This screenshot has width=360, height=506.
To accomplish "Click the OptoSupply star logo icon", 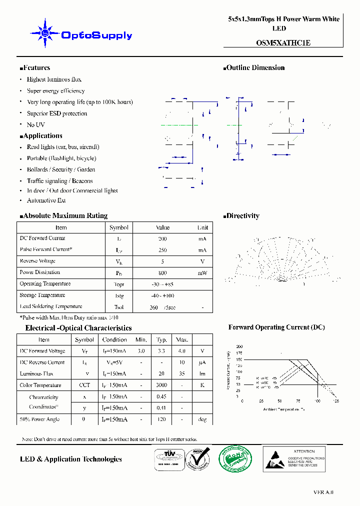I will [44, 33].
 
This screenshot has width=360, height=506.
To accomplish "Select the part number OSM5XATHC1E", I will [283, 43].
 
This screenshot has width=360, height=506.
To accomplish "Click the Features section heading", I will [35, 68].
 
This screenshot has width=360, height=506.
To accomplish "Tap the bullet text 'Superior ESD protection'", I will [57, 113].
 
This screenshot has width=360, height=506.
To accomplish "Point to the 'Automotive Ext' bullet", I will [46, 200].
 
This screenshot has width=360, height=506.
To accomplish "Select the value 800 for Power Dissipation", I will [162, 273].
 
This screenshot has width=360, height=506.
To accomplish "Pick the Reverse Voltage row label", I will [37, 261].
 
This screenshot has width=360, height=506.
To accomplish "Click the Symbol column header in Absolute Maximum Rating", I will [119, 227].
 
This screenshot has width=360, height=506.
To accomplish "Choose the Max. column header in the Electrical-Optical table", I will [182, 340].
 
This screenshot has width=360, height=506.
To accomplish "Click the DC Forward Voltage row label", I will [42, 351].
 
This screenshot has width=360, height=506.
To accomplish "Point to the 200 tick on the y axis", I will [239, 346].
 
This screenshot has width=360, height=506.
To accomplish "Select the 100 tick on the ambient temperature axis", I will [317, 401].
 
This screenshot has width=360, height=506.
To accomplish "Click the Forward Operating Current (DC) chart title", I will [276, 327].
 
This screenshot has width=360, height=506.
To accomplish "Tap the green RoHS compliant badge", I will [234, 458].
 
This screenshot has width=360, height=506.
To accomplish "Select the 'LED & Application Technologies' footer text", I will [70, 459].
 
